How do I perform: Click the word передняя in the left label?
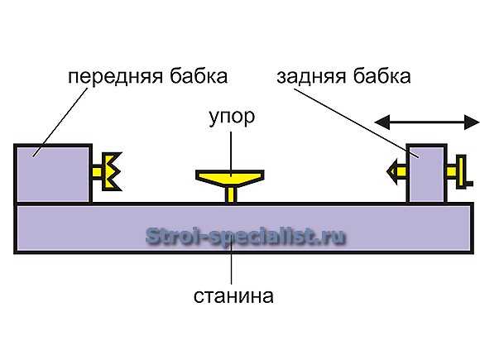(115, 76)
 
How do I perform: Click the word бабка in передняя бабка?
(199, 75)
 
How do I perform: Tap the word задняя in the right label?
(311, 77)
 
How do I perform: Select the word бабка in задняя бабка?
(382, 75)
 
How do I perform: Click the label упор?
(232, 118)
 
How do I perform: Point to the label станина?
(233, 296)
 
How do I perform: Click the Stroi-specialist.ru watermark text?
(246, 237)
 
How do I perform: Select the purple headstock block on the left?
(53, 174)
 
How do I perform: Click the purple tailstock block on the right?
(426, 174)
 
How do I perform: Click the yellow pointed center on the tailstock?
(396, 171)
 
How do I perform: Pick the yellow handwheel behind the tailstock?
(460, 172)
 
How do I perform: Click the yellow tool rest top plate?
(230, 178)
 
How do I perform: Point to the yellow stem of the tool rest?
(231, 194)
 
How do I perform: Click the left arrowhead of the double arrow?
(382, 122)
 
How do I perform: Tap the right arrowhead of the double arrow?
(472, 122)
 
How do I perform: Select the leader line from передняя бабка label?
(60, 122)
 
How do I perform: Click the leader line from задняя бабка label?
(356, 123)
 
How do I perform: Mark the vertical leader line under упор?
(231, 154)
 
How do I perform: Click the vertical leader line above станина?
(232, 262)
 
